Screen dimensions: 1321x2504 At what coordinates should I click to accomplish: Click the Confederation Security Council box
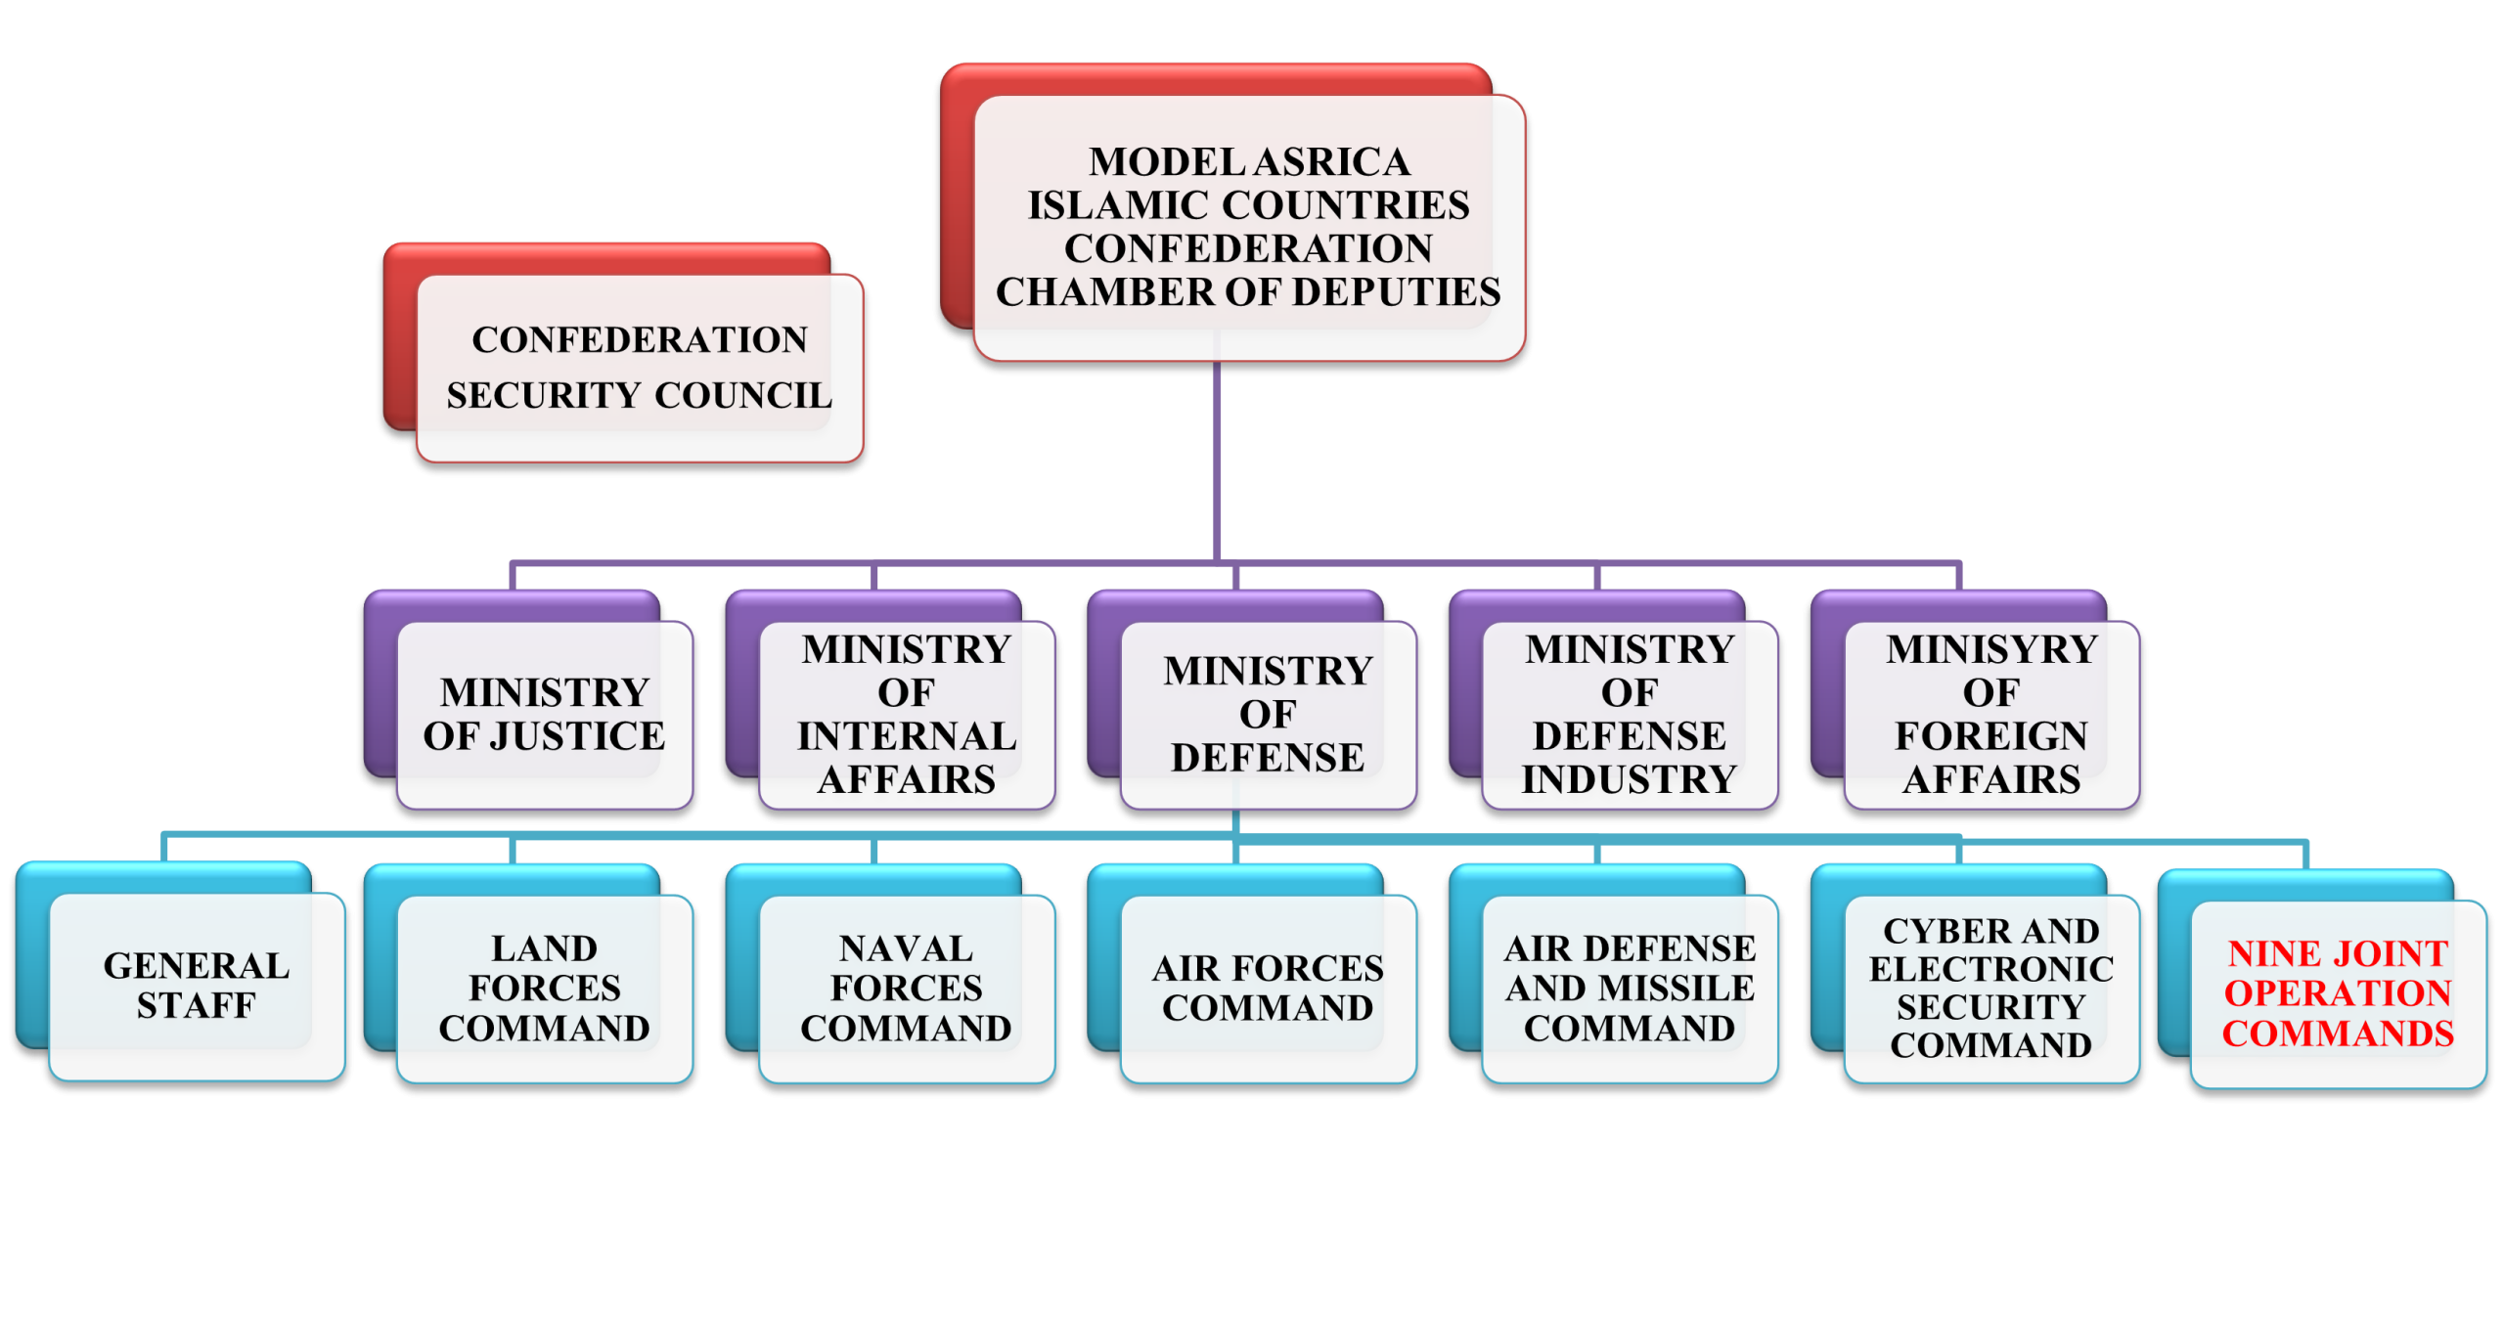(640, 368)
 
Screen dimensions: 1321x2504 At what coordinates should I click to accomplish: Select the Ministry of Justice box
(545, 715)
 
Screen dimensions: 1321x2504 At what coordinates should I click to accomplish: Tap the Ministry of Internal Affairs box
(907, 715)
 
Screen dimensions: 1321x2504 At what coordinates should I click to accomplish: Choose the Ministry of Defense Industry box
(1630, 715)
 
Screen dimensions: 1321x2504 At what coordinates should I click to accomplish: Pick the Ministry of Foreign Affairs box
(1991, 715)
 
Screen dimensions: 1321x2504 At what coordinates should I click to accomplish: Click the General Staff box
(197, 986)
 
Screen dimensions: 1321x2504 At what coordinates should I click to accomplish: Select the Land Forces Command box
(545, 988)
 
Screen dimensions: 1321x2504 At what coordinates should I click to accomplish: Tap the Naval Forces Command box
(907, 988)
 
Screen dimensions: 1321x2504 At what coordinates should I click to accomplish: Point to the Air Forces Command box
(1268, 988)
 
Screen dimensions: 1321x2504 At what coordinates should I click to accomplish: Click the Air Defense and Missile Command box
(1630, 988)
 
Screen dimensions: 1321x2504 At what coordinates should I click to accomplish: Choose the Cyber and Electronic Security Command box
(1991, 988)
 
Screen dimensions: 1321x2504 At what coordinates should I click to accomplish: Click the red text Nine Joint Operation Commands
(2338, 993)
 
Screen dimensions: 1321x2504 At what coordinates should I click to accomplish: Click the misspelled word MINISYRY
(1991, 649)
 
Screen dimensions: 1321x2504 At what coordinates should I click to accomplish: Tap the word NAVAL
(906, 948)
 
